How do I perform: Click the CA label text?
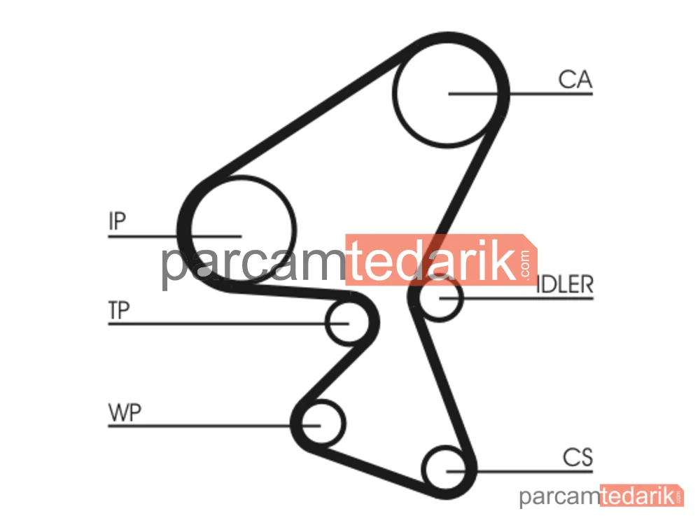pos(575,80)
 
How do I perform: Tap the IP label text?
pos(118,221)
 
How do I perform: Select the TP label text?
pos(119,310)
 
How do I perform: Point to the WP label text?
pos(125,413)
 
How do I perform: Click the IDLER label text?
pos(565,284)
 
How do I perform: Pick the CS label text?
pos(577,458)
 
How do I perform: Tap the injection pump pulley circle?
pos(296,229)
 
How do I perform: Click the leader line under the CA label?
pos(521,94)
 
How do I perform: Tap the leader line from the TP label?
pos(228,323)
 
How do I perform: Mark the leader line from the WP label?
pos(214,426)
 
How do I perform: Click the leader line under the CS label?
pos(519,471)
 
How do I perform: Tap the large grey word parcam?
pos(253,263)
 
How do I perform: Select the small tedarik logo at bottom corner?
pos(638,496)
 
